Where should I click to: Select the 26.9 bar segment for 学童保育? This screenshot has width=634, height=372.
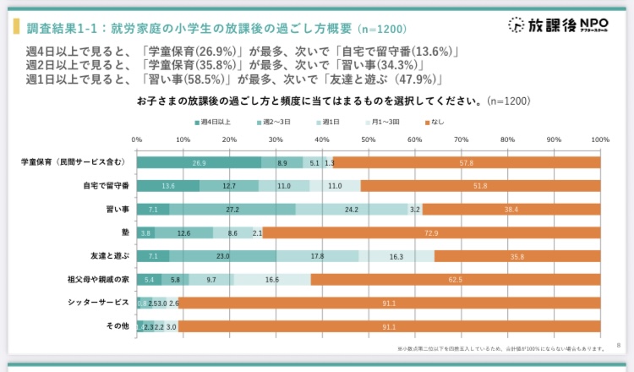199,162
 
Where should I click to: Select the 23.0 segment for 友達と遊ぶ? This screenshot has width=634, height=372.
222,256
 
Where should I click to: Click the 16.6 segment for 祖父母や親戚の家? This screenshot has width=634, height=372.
271,279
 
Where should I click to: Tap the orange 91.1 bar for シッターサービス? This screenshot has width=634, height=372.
389,303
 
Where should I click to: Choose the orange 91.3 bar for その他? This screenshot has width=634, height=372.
389,325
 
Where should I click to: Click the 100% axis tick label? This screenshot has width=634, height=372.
599,139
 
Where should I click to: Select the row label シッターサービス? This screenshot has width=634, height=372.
99,303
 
